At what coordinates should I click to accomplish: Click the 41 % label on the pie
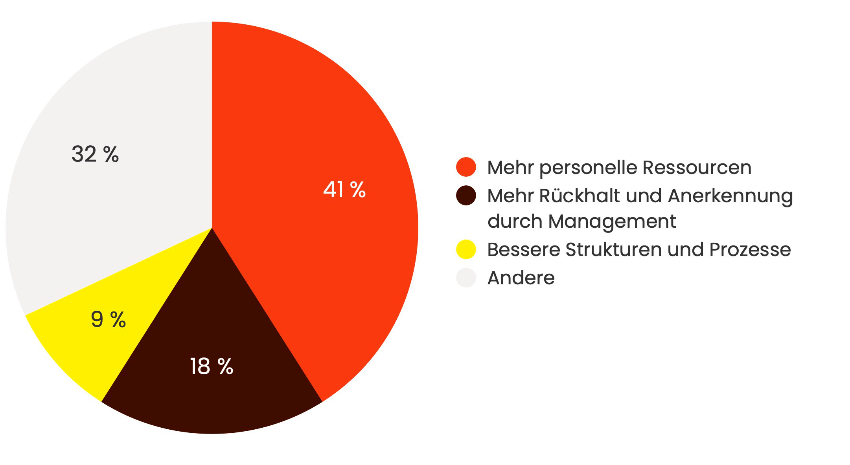(344, 190)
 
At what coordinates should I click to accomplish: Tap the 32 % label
(95, 154)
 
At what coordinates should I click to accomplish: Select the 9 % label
(108, 319)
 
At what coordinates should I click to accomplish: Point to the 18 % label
(212, 366)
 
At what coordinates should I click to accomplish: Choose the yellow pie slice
(79, 353)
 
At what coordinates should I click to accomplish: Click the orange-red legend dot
(466, 167)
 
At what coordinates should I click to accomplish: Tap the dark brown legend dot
(466, 196)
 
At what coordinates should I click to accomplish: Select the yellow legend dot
(466, 249)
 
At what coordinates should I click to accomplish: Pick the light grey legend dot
(466, 278)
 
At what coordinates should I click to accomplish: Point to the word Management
(612, 222)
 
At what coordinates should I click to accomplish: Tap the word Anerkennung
(730, 196)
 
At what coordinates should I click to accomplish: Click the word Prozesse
(750, 250)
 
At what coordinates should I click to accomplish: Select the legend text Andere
(521, 278)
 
